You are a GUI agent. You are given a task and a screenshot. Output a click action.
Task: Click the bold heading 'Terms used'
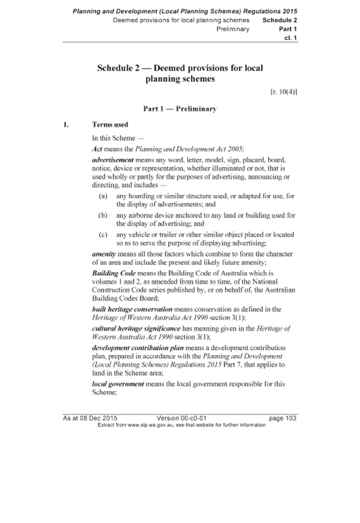pyautogui.click(x=110, y=125)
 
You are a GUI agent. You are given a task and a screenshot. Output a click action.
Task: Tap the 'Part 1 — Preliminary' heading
pyautogui.click(x=180, y=109)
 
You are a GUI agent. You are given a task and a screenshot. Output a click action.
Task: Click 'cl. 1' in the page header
pyautogui.click(x=290, y=38)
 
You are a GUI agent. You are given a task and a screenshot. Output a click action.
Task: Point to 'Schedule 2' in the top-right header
pyautogui.click(x=280, y=20)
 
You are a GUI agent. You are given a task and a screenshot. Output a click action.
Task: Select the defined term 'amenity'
pyautogui.click(x=104, y=254)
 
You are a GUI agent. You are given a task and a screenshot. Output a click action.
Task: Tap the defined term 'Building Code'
pyautogui.click(x=114, y=273)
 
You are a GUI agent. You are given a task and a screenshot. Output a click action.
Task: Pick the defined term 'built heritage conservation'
pyautogui.click(x=132, y=309)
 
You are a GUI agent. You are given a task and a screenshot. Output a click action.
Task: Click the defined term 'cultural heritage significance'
pyautogui.click(x=136, y=329)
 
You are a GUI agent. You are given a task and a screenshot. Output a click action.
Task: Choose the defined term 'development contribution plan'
pyautogui.click(x=137, y=348)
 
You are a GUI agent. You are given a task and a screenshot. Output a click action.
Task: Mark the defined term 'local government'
pyautogui.click(x=118, y=384)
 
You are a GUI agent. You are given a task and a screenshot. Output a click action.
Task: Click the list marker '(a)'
pyautogui.click(x=103, y=196)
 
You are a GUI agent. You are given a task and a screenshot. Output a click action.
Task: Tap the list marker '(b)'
pyautogui.click(x=103, y=215)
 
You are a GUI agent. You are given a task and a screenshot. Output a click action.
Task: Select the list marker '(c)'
pyautogui.click(x=103, y=235)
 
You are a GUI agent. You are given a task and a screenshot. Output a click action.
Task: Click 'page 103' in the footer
pyautogui.click(x=283, y=418)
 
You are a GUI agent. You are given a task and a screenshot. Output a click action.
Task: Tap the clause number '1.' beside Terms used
pyautogui.click(x=66, y=125)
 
